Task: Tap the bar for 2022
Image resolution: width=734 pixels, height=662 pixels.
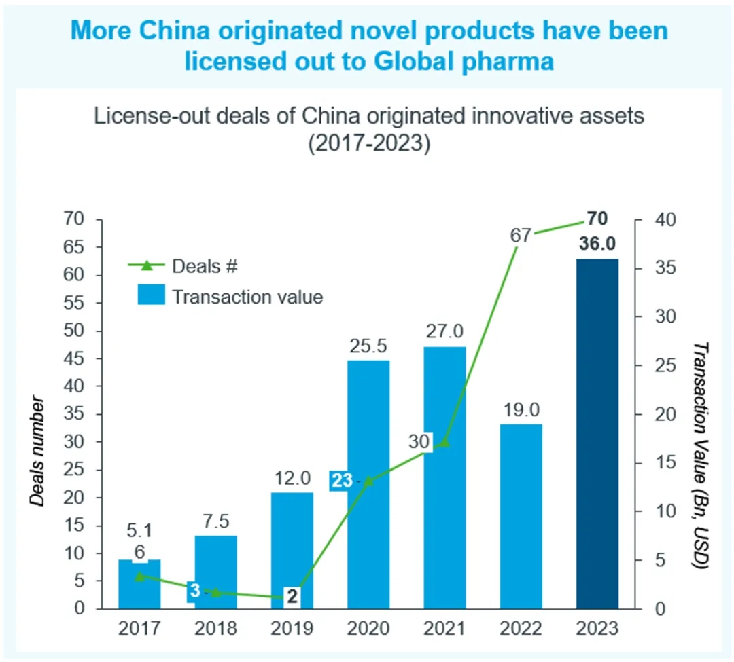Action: tap(521, 516)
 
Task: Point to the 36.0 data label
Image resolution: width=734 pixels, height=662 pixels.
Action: tap(597, 244)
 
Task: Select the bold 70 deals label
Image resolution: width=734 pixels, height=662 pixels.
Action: tap(597, 219)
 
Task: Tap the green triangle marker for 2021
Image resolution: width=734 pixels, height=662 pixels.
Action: tap(444, 443)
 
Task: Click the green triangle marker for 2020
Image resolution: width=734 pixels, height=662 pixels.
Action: tap(368, 481)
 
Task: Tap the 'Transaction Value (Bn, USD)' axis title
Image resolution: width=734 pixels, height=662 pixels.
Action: tap(700, 455)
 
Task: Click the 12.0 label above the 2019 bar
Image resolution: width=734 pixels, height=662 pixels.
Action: tap(292, 477)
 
